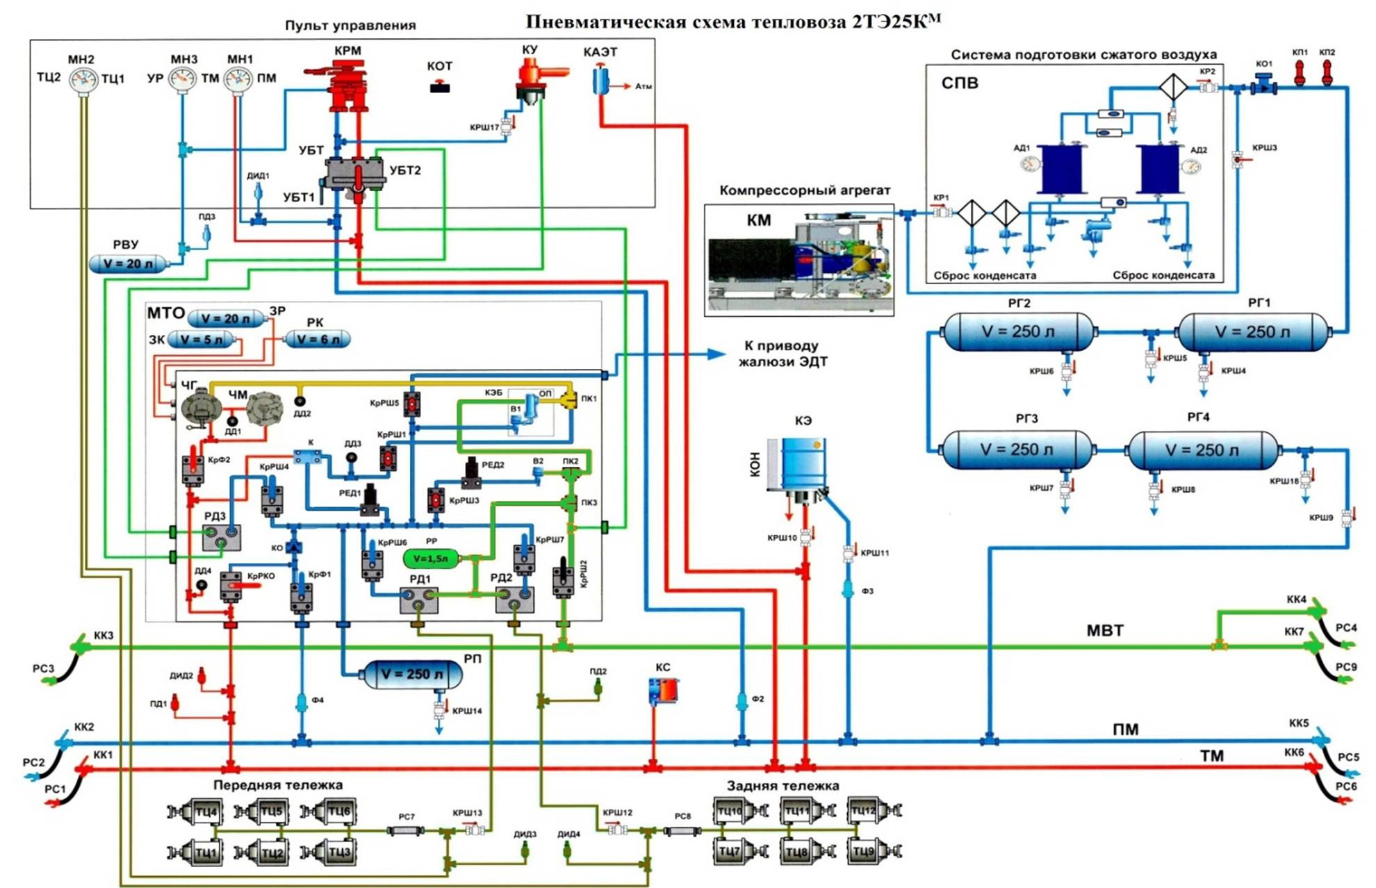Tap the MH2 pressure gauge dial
click(x=83, y=80)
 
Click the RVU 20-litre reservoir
click(x=129, y=264)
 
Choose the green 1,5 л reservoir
click(x=431, y=558)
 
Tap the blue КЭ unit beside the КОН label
click(x=803, y=463)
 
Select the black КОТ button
click(x=439, y=88)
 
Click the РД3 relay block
click(x=222, y=536)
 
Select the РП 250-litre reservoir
click(x=411, y=674)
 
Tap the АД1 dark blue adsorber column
click(x=1060, y=168)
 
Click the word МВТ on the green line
click(x=1104, y=630)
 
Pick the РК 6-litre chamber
click(x=318, y=339)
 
